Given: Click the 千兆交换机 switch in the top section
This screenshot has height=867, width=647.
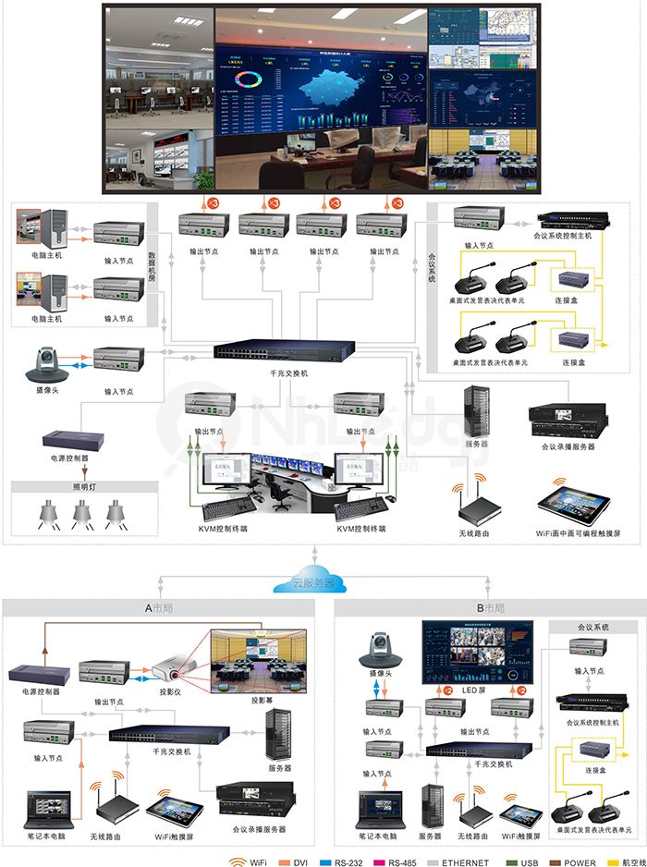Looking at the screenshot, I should pos(284,351).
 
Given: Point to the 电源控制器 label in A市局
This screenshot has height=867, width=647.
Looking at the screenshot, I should pos(41,690).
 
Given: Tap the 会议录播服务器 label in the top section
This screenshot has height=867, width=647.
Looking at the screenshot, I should pos(568,446).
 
